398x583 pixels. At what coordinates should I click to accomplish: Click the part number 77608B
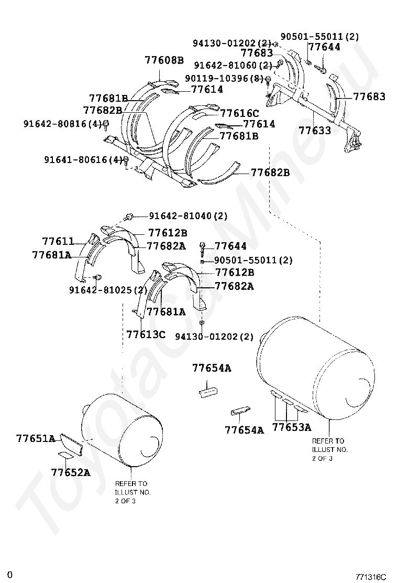(x=164, y=60)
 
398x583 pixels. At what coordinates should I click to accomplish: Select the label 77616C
(x=239, y=113)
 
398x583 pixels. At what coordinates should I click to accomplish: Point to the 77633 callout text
(x=315, y=131)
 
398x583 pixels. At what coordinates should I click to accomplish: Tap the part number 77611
(x=58, y=241)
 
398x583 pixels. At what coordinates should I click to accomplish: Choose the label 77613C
(x=146, y=334)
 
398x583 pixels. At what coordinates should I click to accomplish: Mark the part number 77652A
(x=71, y=472)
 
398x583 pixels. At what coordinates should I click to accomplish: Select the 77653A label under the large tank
(x=292, y=427)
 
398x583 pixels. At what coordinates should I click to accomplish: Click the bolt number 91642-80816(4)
(x=62, y=124)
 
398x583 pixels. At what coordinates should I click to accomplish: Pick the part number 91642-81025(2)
(x=108, y=290)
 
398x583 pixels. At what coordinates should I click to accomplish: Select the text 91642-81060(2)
(x=233, y=66)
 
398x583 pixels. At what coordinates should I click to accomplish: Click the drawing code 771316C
(x=370, y=577)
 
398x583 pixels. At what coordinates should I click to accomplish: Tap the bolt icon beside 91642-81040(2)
(x=129, y=216)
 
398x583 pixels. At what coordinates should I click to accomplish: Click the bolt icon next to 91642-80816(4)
(x=106, y=124)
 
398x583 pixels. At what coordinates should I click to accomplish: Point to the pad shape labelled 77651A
(x=70, y=443)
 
